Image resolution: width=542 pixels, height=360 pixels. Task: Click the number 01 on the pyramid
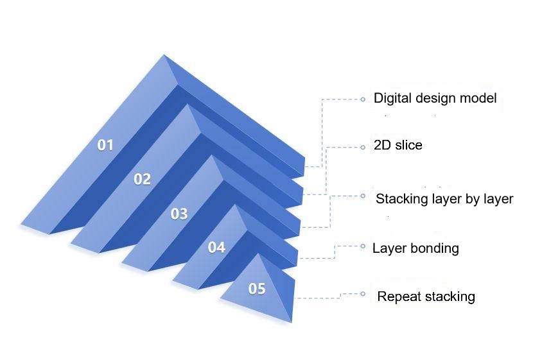[105, 145]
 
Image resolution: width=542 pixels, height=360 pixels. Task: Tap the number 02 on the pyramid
[143, 179]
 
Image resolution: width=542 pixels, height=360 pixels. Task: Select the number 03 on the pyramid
[179, 214]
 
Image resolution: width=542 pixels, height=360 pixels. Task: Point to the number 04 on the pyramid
[216, 247]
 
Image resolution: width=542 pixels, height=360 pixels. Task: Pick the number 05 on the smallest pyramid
[257, 289]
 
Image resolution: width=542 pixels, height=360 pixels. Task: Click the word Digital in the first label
[393, 98]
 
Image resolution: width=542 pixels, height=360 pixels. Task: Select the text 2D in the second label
[382, 145]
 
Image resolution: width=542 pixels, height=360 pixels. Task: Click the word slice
[409, 145]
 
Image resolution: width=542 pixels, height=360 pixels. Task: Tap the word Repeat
[399, 296]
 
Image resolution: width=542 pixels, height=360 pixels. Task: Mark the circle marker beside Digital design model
[363, 99]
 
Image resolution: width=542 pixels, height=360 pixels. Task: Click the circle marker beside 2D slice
[363, 148]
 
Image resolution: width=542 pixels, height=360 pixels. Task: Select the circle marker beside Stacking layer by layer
[363, 196]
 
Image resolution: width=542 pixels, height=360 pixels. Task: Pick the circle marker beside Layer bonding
[363, 246]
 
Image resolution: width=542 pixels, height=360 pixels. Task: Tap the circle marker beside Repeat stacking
[363, 294]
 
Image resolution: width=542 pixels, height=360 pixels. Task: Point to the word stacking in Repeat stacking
[450, 296]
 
